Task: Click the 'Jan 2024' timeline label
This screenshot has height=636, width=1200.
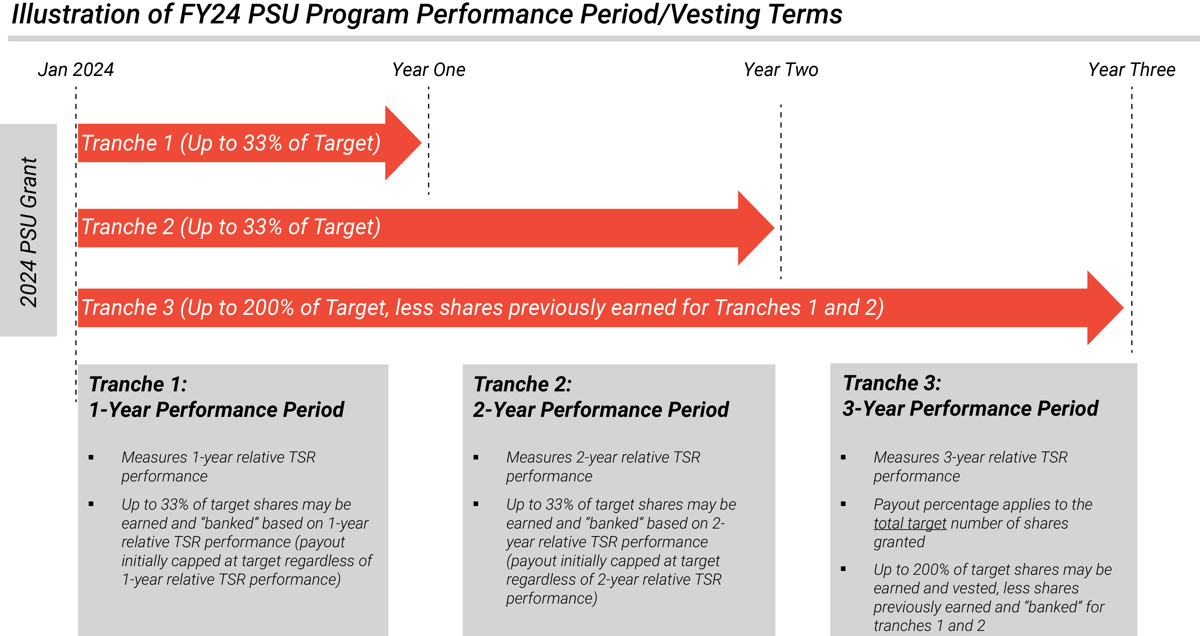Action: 76,70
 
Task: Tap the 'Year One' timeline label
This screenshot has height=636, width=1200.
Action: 429,70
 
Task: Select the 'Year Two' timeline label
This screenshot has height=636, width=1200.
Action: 781,70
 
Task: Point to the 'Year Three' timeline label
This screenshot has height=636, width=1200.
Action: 1132,70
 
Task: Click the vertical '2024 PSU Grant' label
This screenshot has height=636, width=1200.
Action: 29,232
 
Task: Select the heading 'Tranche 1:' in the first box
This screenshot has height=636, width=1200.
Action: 138,384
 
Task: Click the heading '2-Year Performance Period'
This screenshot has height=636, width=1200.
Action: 601,410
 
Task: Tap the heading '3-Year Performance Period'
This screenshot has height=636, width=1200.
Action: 970,408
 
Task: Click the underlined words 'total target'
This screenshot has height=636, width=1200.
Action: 910,523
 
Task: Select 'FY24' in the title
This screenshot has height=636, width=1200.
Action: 210,14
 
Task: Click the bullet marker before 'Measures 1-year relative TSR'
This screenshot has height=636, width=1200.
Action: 91,457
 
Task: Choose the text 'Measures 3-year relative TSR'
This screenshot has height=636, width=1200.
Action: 970,457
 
